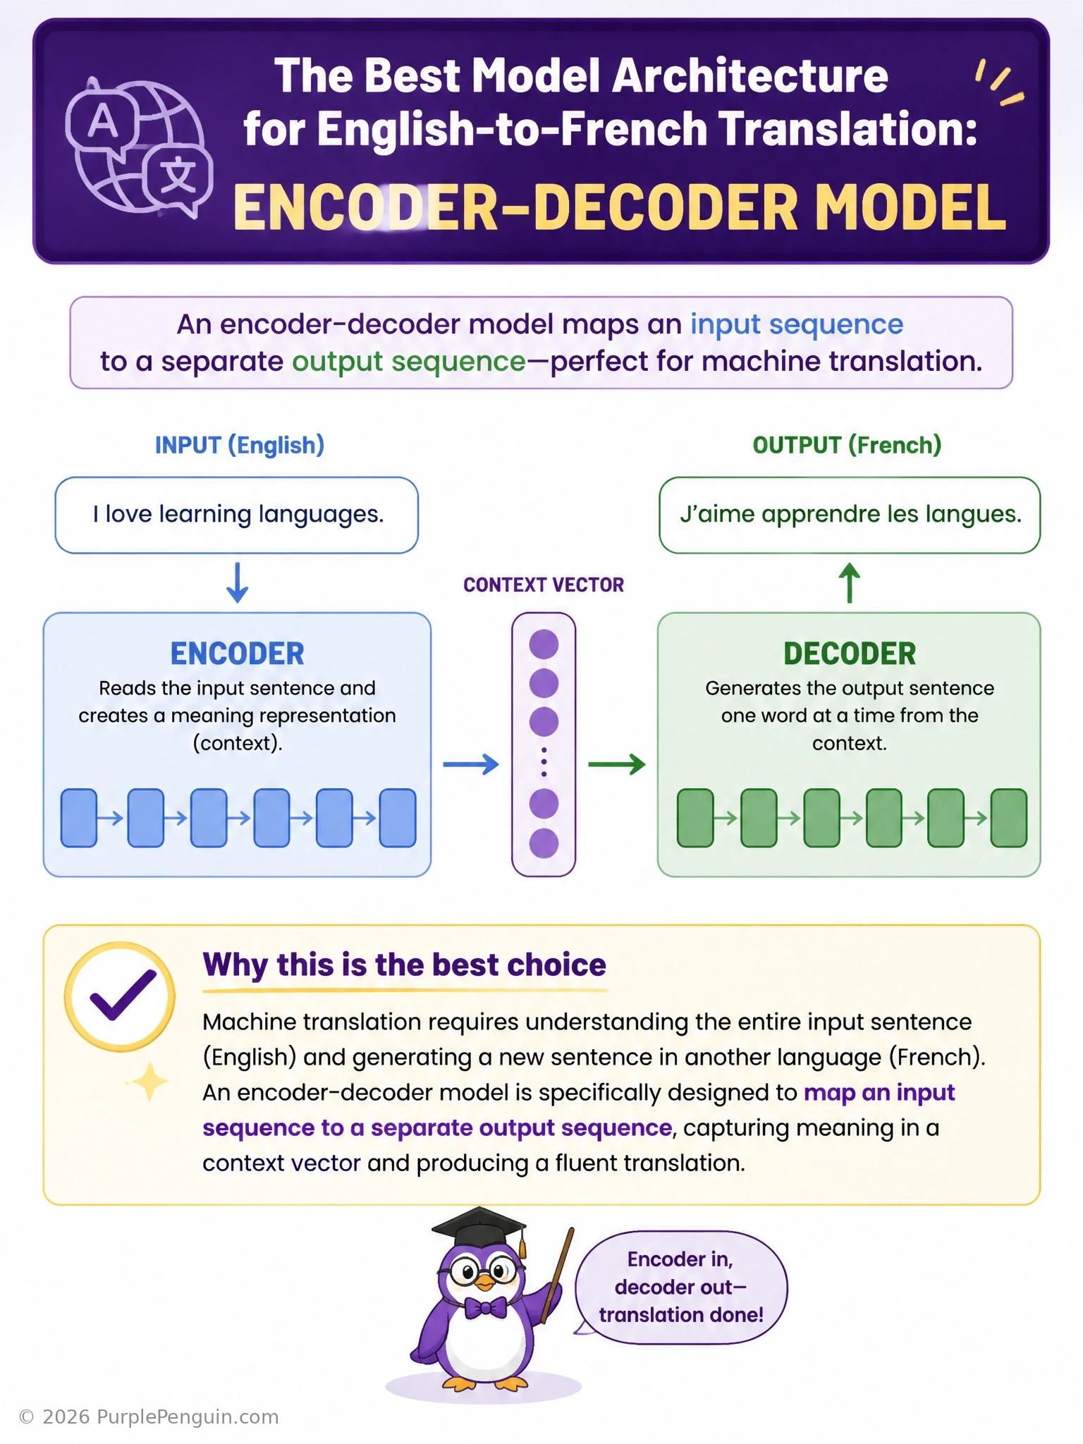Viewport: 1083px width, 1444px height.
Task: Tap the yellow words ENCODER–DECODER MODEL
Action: point(619,207)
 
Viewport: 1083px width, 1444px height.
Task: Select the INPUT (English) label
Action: point(240,446)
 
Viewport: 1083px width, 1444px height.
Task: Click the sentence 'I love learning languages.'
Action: point(238,514)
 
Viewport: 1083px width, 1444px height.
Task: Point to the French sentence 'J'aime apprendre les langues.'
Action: point(850,514)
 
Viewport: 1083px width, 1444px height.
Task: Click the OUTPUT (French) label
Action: point(847,446)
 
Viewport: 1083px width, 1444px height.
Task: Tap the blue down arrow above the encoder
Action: point(237,582)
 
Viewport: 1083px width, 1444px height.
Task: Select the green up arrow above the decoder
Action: point(850,582)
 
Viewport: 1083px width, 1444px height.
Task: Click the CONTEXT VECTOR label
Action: point(544,585)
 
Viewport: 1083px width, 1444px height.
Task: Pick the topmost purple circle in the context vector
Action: point(544,644)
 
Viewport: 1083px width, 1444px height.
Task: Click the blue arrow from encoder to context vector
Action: point(471,764)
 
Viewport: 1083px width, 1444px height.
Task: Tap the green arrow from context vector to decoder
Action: point(617,764)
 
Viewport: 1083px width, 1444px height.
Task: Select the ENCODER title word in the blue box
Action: point(237,654)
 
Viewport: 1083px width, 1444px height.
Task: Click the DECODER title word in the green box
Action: point(850,654)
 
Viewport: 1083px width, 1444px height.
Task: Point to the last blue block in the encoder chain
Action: point(398,818)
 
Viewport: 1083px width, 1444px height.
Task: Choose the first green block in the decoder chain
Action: point(695,818)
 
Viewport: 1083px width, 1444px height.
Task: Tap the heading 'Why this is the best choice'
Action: point(404,965)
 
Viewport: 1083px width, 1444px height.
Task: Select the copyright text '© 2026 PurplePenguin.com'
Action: point(149,1417)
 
